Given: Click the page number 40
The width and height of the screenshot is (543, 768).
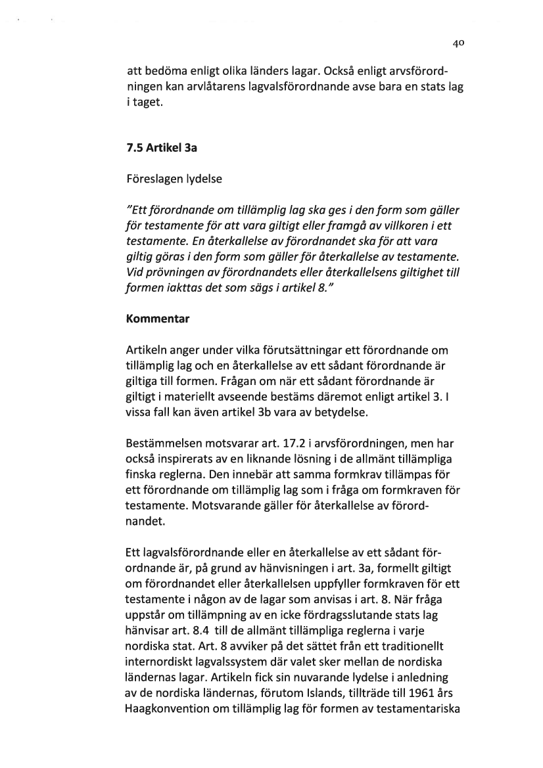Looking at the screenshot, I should click(x=459, y=45).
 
